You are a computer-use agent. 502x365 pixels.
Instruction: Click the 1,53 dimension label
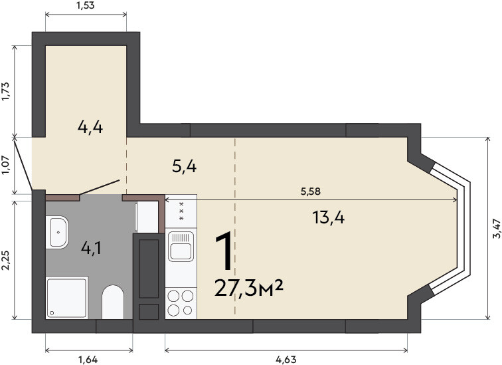click(x=86, y=5)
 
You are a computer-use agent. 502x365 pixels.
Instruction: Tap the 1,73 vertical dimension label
click(x=7, y=92)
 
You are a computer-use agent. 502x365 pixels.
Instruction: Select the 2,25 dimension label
click(x=7, y=260)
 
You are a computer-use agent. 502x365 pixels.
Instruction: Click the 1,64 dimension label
click(x=88, y=360)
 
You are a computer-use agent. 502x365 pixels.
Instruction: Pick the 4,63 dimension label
click(x=286, y=360)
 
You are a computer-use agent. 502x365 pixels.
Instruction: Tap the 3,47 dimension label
click(x=496, y=229)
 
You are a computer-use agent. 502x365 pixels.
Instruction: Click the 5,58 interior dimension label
click(x=311, y=191)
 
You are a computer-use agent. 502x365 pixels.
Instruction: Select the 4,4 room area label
click(x=90, y=128)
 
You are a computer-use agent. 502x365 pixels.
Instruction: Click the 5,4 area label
click(x=185, y=167)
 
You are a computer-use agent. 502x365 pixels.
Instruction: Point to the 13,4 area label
click(x=328, y=218)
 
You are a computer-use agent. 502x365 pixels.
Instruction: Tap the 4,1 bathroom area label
click(x=91, y=248)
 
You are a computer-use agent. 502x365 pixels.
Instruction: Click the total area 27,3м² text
click(x=249, y=288)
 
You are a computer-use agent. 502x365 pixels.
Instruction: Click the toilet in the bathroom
click(x=113, y=302)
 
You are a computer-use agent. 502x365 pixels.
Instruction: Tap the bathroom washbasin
click(x=57, y=232)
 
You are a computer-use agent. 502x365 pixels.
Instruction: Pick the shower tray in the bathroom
click(x=67, y=297)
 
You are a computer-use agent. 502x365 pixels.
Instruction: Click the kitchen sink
click(x=181, y=247)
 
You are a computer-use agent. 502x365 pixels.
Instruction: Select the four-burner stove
click(x=181, y=303)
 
